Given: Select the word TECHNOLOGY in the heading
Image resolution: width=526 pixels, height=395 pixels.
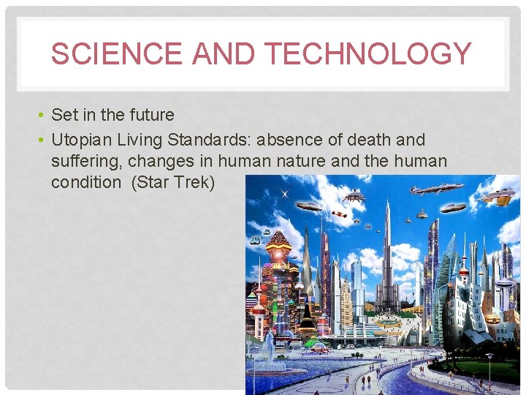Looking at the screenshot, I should [x=367, y=54].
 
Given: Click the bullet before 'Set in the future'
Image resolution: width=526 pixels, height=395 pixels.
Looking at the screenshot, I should [x=43, y=115].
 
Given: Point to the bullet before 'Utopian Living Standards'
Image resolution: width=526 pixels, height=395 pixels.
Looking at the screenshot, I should [x=43, y=140].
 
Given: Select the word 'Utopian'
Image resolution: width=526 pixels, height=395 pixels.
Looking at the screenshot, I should [x=82, y=140].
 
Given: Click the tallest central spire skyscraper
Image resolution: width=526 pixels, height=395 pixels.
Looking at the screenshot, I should [x=387, y=241].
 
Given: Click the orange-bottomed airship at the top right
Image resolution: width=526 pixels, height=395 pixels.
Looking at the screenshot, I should [x=498, y=196].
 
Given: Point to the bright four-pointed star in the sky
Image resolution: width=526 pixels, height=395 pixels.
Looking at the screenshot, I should [x=284, y=193].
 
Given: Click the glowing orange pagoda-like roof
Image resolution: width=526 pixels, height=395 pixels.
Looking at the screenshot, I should [x=278, y=241].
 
